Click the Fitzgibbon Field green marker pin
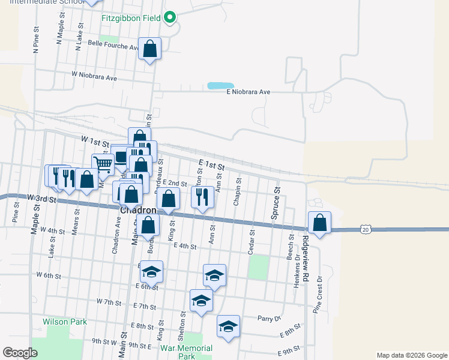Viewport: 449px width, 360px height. [x=170, y=18]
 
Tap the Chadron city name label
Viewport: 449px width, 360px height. [x=138, y=211]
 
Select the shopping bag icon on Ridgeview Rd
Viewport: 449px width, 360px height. [x=320, y=223]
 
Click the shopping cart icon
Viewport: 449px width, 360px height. [x=103, y=164]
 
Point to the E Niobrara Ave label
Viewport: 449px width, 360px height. [x=249, y=92]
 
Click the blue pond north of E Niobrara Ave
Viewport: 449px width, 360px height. [x=220, y=86]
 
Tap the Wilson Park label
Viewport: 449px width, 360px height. [x=65, y=322]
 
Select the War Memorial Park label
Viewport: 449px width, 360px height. [x=187, y=352]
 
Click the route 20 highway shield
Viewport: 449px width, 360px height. [x=366, y=229]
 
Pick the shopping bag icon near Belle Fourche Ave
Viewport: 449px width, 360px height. [x=150, y=49]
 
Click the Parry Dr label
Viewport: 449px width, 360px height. [x=269, y=318]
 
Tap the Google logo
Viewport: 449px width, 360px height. [x=20, y=353]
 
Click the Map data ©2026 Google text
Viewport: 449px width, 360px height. [x=411, y=355]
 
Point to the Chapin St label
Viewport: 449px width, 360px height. [x=238, y=191]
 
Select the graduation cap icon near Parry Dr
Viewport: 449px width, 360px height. [x=228, y=326]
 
